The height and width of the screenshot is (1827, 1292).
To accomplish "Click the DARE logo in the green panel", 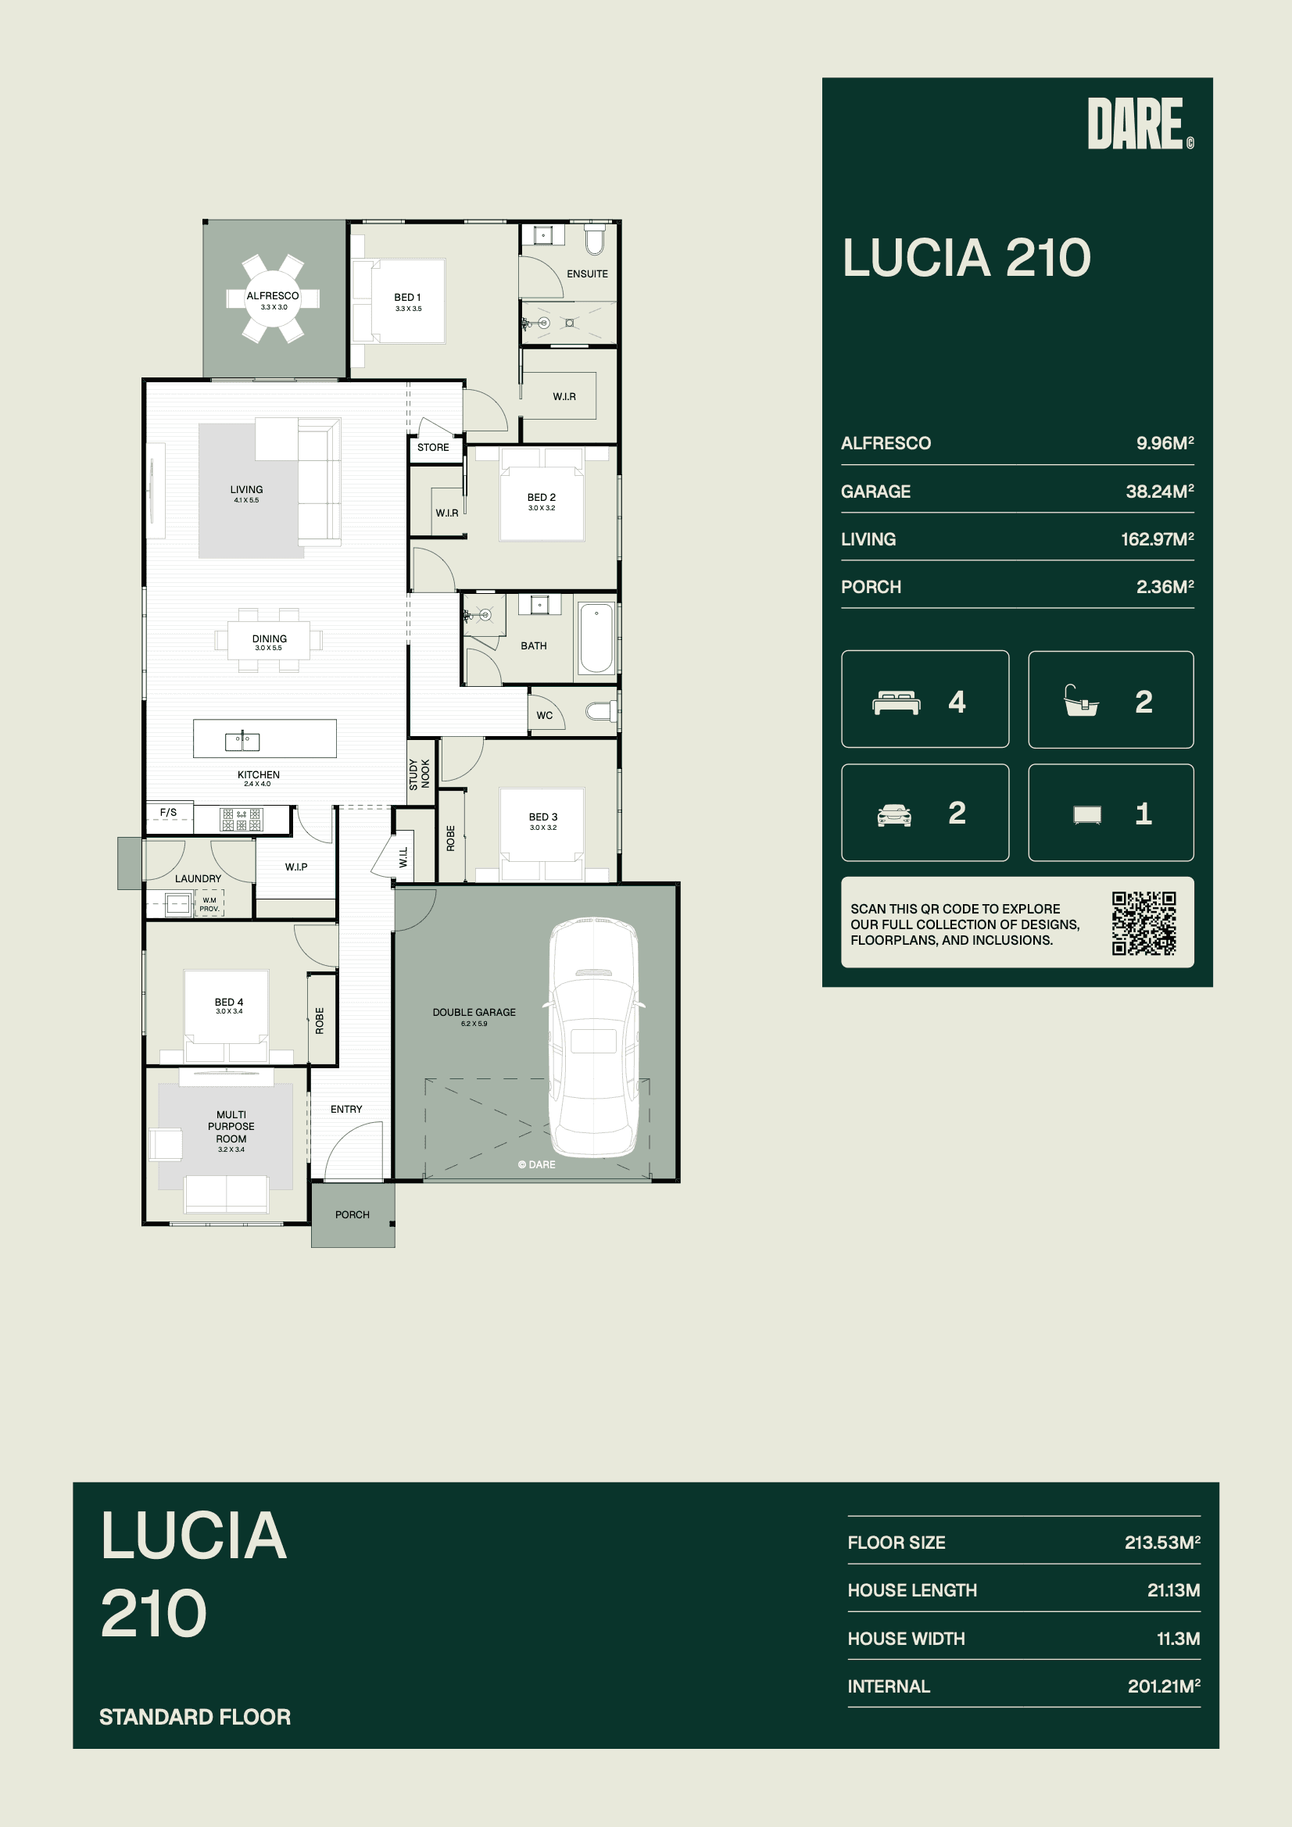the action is click(1140, 123).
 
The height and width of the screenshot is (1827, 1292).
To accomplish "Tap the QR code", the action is click(1144, 923).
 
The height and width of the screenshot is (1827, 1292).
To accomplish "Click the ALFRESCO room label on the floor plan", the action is click(272, 295).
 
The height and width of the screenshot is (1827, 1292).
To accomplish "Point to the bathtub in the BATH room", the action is click(596, 638).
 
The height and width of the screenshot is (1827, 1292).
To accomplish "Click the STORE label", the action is click(433, 447).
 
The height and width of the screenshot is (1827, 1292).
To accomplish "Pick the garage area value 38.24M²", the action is click(1160, 491).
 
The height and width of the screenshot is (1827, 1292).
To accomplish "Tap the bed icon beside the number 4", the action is click(897, 703).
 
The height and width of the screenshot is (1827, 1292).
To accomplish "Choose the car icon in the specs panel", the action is click(894, 815).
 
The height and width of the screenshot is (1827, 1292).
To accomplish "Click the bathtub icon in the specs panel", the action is click(1081, 701).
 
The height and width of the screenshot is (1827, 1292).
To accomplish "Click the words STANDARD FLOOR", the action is click(195, 1716).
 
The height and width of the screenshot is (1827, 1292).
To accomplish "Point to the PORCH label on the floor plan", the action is click(352, 1214).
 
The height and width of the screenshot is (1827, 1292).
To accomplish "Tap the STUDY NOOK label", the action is click(419, 774).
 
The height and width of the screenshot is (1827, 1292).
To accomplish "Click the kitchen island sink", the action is click(242, 741).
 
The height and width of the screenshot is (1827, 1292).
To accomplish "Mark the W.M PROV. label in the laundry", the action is click(209, 904).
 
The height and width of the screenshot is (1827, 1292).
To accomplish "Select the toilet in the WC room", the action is click(601, 710).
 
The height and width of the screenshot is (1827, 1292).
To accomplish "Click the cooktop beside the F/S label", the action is click(242, 819).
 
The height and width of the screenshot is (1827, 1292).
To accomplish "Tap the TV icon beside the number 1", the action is click(1086, 814).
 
